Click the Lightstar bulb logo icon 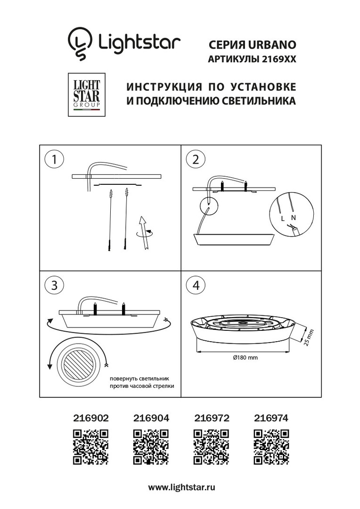pos(80,43)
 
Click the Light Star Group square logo pos(86,95)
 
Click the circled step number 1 pos(54,159)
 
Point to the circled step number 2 pos(196,159)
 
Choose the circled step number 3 pos(54,285)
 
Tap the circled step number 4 pos(196,285)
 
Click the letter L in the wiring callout pos(283,219)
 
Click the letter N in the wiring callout pos(294,217)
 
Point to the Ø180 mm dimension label pos(245,357)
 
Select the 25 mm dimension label pos(309,337)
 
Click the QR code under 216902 pos(90,447)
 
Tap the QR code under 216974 pos(271,447)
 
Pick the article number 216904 pos(151,418)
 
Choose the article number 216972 pos(212,418)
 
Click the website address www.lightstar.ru pos(182,487)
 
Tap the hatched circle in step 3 pos(78,363)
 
